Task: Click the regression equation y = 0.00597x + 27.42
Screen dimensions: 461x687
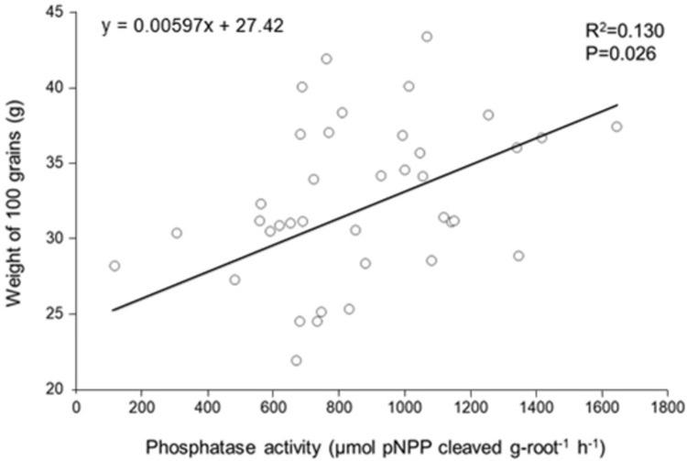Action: pyautogui.click(x=191, y=25)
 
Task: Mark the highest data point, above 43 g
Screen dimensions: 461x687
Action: pyautogui.click(x=427, y=37)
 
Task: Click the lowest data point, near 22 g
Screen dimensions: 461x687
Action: pyautogui.click(x=296, y=360)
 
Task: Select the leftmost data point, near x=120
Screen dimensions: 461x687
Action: pyautogui.click(x=114, y=266)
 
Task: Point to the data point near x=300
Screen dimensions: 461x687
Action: pyautogui.click(x=177, y=233)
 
